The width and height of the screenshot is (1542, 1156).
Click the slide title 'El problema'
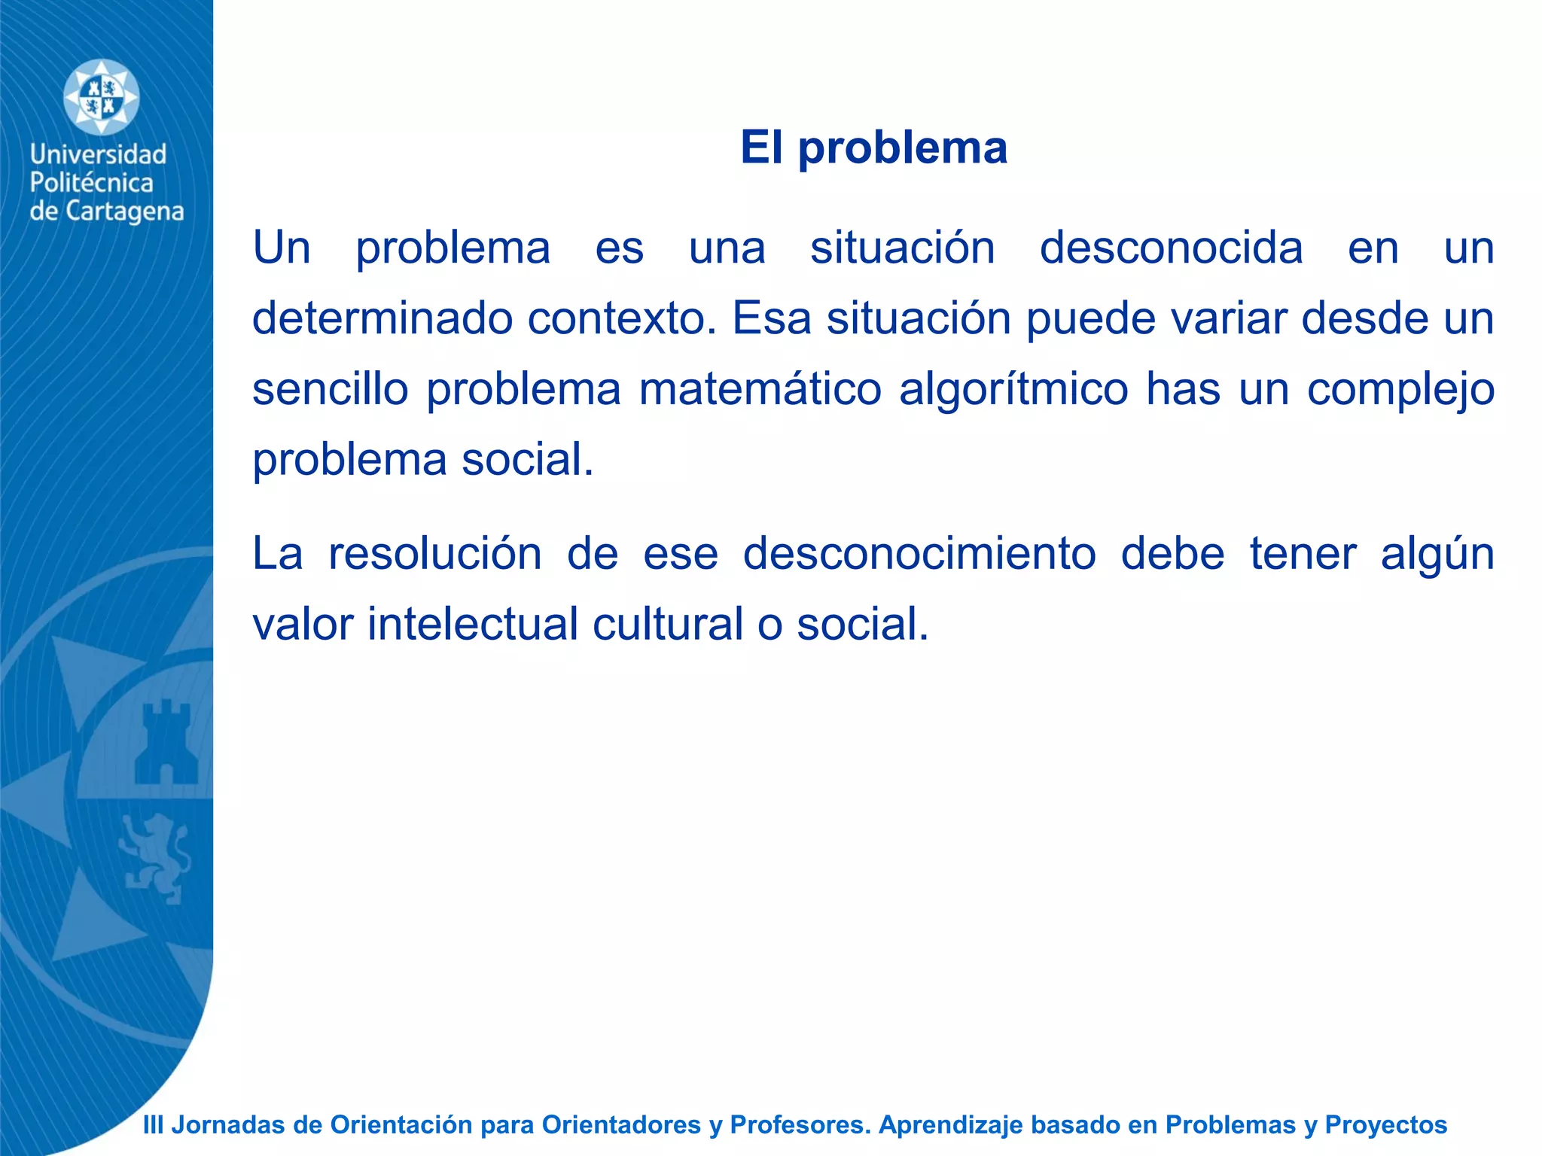[x=873, y=147]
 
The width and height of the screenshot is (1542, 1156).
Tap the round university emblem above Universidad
[x=101, y=98]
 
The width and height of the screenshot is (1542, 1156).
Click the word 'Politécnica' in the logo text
[x=91, y=183]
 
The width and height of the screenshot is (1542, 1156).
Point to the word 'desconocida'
[x=1171, y=248]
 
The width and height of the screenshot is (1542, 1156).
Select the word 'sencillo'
[x=330, y=389]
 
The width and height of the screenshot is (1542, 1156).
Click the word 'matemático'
[x=760, y=389]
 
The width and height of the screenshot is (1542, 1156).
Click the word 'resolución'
[x=435, y=554]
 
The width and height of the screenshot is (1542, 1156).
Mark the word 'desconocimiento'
[x=919, y=554]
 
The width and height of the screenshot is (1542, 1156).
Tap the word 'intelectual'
[x=472, y=624]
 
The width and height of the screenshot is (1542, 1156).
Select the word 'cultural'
[x=668, y=624]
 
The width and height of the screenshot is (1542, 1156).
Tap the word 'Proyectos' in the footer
[x=1385, y=1124]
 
